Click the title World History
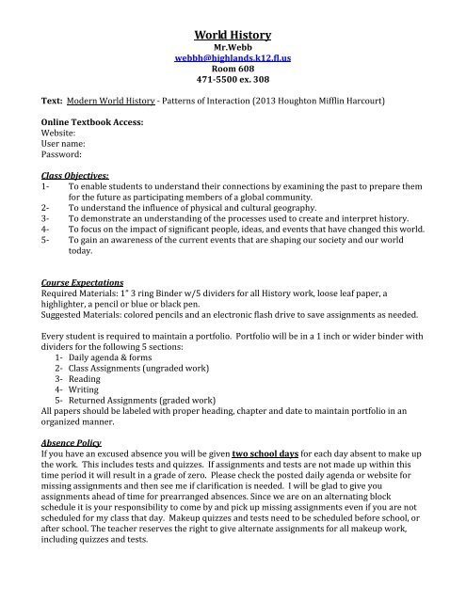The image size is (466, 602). (x=233, y=35)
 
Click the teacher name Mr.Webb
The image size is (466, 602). (x=233, y=54)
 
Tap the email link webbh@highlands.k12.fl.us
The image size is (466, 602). (x=233, y=67)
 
